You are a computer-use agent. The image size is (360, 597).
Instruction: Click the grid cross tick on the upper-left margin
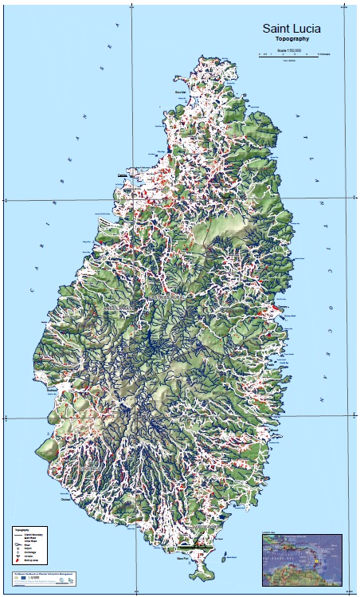tap(7, 200)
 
